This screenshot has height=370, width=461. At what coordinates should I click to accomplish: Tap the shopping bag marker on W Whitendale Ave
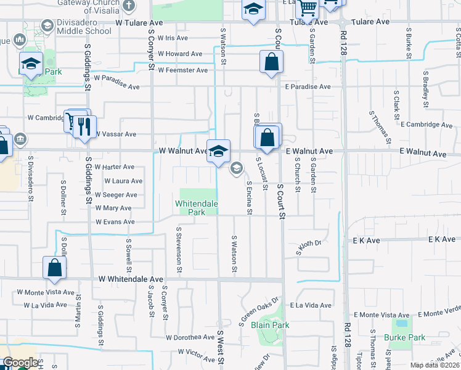(54, 268)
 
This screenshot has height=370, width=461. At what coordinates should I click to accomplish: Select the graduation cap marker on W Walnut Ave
(218, 151)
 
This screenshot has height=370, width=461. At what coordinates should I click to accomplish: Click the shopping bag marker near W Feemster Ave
(271, 62)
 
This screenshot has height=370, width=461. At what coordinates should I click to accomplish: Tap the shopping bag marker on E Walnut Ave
(267, 138)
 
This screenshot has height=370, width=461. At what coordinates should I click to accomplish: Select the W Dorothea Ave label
(190, 337)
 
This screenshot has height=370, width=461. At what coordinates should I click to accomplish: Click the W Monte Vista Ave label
(45, 292)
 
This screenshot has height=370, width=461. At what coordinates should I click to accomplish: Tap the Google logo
(20, 363)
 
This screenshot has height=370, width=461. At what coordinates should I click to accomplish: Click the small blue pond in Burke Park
(402, 323)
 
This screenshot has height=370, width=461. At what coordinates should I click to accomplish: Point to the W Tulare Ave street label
(139, 22)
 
